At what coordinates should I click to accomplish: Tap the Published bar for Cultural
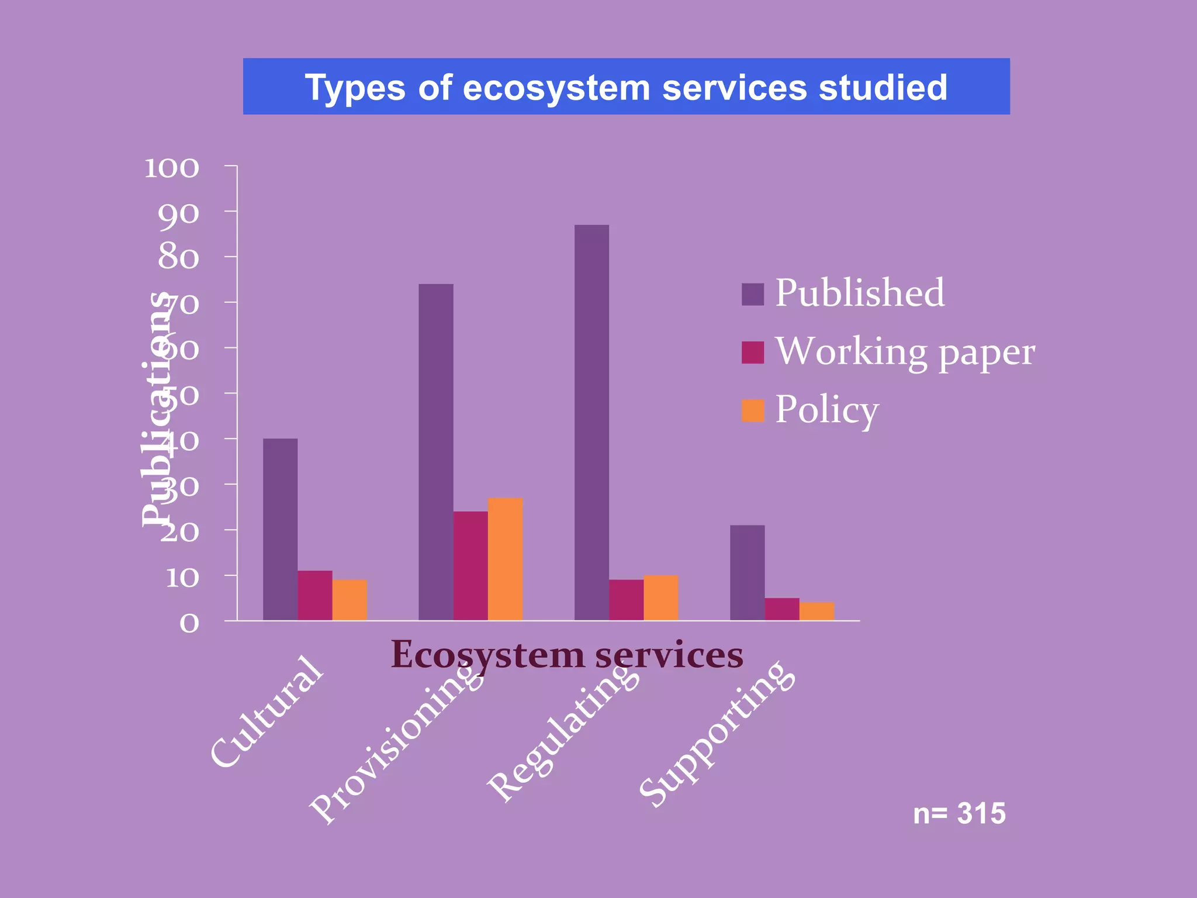click(x=280, y=529)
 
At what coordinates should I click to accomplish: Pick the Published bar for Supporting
click(x=747, y=572)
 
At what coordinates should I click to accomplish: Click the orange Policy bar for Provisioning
click(x=505, y=559)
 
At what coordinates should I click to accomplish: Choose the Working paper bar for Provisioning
click(x=471, y=565)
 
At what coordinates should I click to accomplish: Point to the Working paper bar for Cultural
click(x=315, y=595)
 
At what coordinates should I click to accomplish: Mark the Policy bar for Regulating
click(x=661, y=597)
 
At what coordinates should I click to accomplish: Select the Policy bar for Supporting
click(x=817, y=611)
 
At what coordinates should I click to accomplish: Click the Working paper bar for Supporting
click(x=782, y=609)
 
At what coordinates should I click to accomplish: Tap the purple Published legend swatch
click(x=753, y=294)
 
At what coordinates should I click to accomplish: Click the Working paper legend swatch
click(x=753, y=353)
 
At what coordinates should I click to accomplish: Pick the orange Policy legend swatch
click(x=753, y=410)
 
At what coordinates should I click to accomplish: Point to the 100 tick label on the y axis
click(x=172, y=168)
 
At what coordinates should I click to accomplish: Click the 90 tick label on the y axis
click(x=178, y=213)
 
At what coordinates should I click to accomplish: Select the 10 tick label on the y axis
click(x=182, y=578)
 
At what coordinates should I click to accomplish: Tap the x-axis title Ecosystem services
click(x=567, y=654)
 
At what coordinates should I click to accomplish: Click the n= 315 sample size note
click(x=959, y=813)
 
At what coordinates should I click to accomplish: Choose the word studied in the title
click(x=883, y=87)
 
